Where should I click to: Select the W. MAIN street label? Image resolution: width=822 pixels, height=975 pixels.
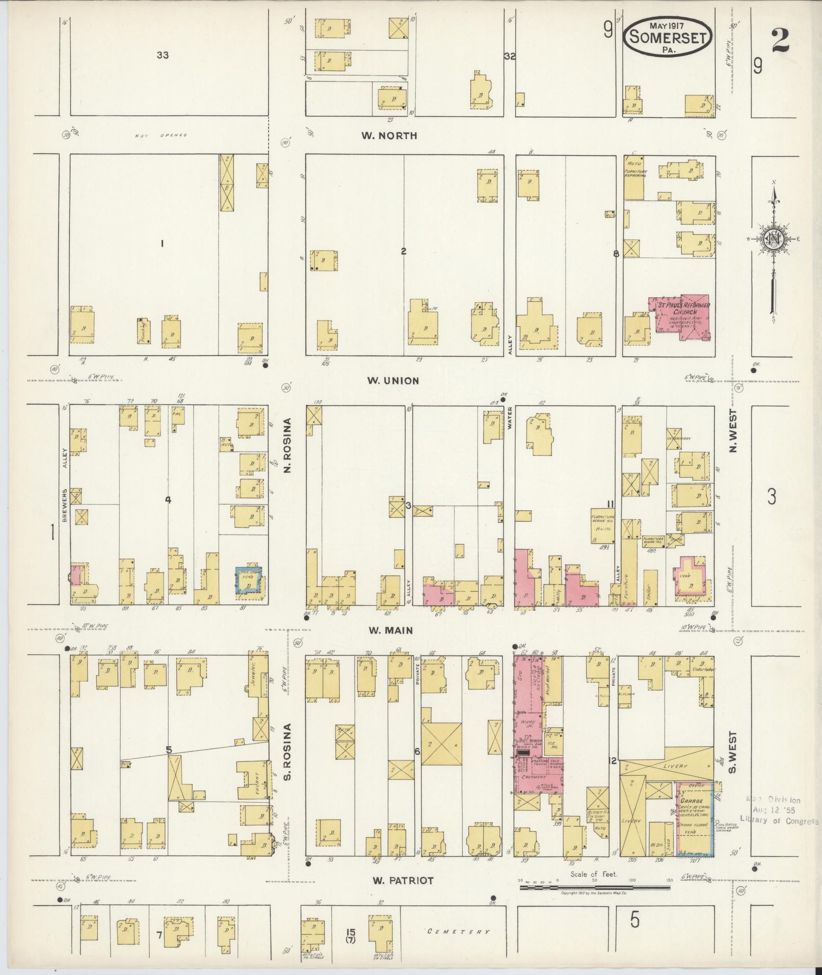coord(391,630)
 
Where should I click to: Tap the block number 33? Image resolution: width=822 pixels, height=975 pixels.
coord(163,55)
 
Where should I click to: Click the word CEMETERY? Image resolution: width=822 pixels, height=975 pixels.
coord(459,932)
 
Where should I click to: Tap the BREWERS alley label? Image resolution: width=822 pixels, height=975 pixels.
coord(65,505)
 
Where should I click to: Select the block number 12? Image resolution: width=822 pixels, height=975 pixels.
coord(614,775)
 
